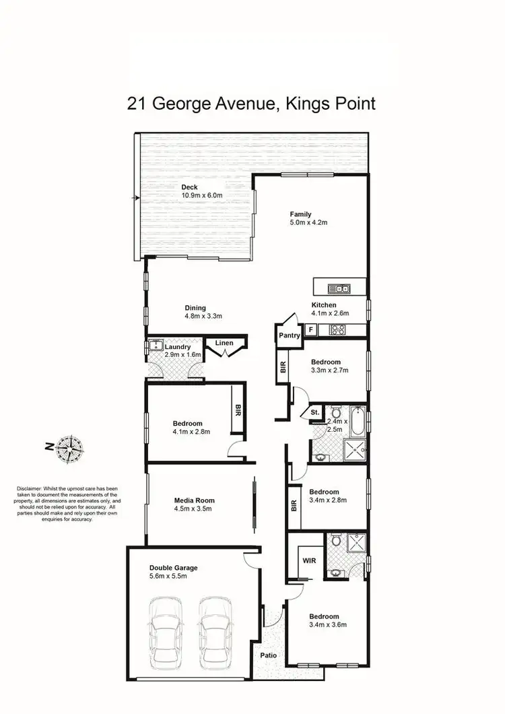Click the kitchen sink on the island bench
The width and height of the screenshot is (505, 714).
point(339,289)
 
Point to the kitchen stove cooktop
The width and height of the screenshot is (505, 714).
point(336,329)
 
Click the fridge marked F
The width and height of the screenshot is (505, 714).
point(310,329)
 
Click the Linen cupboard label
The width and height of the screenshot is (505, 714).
point(224,344)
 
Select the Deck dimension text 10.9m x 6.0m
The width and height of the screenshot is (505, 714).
point(201,195)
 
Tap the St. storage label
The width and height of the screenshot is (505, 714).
point(314,412)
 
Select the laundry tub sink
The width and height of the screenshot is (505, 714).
point(154,346)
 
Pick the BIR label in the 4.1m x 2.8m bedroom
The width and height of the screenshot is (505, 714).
point(238,409)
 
